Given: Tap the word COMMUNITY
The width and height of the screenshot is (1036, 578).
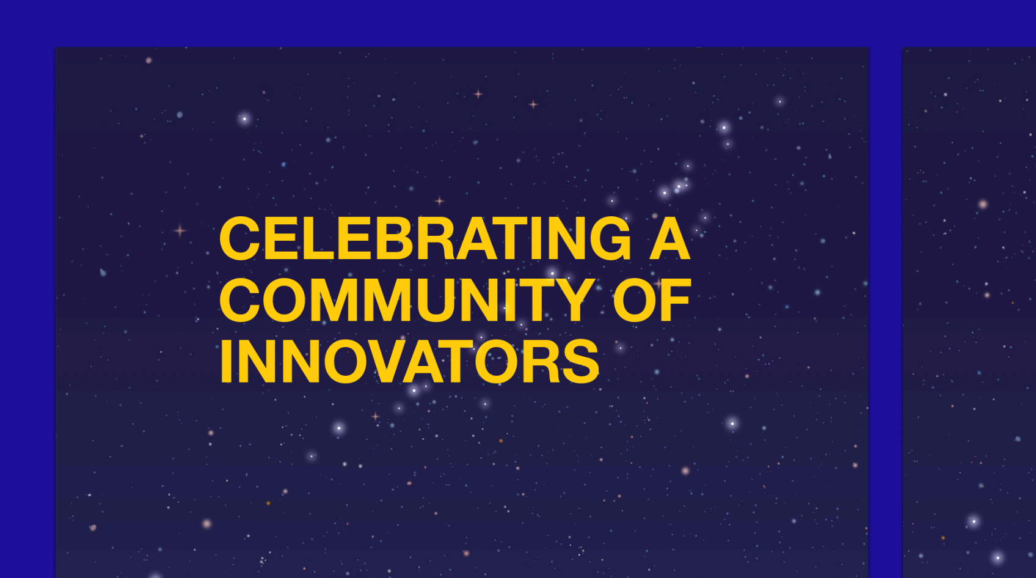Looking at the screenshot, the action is point(407,300).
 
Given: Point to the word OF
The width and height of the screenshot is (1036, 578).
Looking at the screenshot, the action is point(652,300).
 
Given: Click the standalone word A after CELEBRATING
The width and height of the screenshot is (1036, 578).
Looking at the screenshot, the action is point(669,238).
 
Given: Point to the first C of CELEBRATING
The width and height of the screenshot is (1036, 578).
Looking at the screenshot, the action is point(239,238).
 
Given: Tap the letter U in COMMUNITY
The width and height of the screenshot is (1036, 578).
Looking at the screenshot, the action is point(438,301).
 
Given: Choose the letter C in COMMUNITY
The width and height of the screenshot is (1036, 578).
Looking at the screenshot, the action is point(239,300).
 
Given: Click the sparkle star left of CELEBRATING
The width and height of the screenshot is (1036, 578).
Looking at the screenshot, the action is point(180,230).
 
